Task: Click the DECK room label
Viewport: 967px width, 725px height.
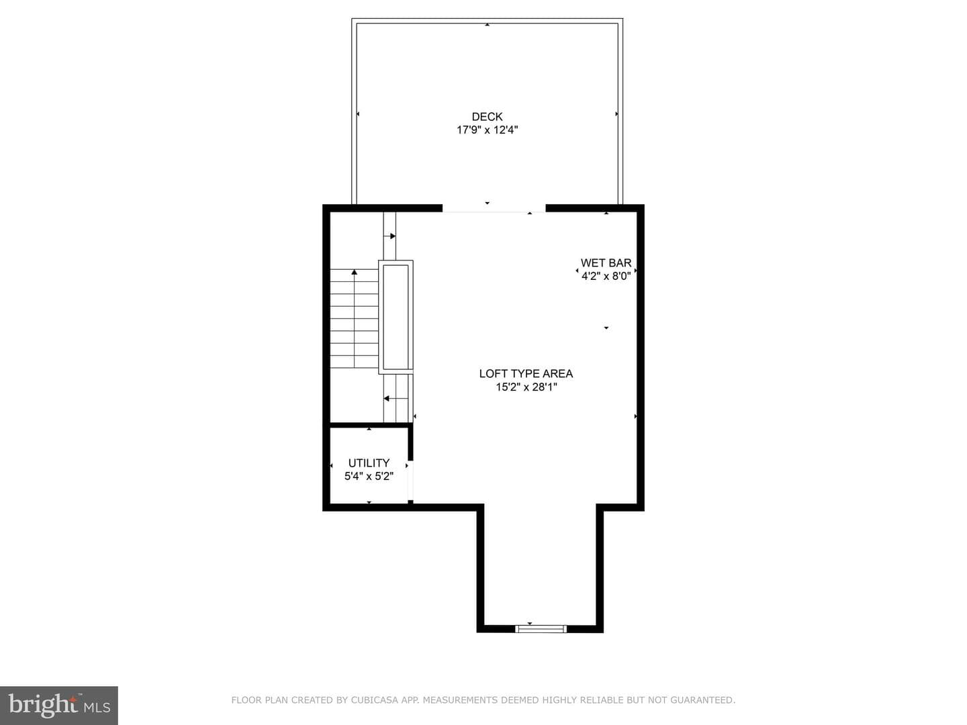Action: coord(487,117)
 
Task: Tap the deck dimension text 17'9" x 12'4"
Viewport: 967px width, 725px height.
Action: coord(487,130)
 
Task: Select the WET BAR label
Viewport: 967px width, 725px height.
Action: coord(606,262)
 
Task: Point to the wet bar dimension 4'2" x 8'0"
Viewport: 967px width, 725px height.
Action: coord(606,276)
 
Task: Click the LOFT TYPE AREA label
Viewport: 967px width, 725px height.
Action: coord(526,374)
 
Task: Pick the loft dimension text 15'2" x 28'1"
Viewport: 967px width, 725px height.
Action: coord(526,387)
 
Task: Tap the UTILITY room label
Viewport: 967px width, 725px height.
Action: coord(369,463)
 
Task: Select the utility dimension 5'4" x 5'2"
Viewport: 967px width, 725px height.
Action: coord(369,476)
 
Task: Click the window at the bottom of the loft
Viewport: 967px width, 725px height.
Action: coord(541,628)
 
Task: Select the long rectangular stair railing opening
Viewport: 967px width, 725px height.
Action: coord(396,317)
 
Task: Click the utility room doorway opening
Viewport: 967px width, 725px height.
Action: coord(410,480)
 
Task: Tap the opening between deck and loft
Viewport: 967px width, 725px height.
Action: coord(494,208)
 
